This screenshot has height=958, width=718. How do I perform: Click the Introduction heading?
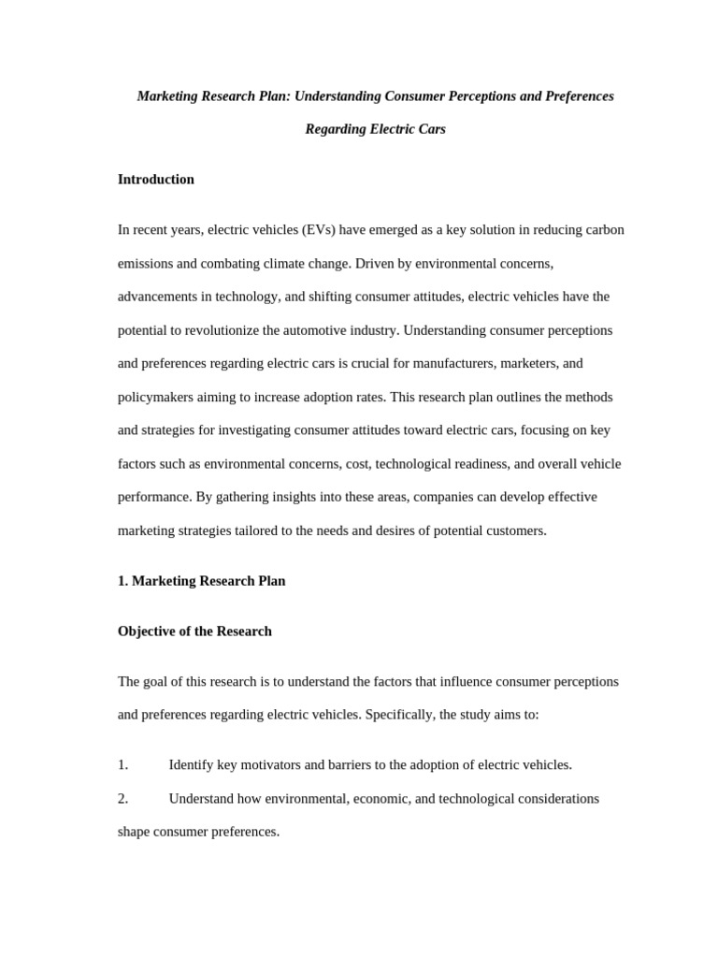pyautogui.click(x=156, y=180)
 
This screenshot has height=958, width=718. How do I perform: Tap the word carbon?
pyautogui.click(x=601, y=230)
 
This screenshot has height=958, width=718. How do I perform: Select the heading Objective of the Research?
pyautogui.click(x=194, y=631)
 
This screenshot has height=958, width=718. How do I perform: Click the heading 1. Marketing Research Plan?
pyautogui.click(x=201, y=581)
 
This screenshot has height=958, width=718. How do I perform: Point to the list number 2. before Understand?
pyautogui.click(x=123, y=799)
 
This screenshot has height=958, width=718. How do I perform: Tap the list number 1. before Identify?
pyautogui.click(x=123, y=765)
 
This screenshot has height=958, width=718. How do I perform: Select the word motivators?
pyautogui.click(x=270, y=765)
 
